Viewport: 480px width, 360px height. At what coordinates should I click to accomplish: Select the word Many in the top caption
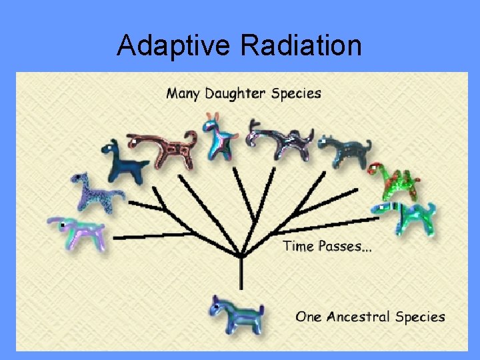point(183,93)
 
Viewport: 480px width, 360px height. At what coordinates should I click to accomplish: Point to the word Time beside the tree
point(298,246)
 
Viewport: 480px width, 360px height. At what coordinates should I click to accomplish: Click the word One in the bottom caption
point(309,317)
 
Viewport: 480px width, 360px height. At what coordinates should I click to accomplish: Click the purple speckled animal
point(93,191)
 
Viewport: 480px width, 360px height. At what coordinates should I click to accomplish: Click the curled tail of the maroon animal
point(191,137)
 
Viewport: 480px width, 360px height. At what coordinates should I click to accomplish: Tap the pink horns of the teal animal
point(213,119)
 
